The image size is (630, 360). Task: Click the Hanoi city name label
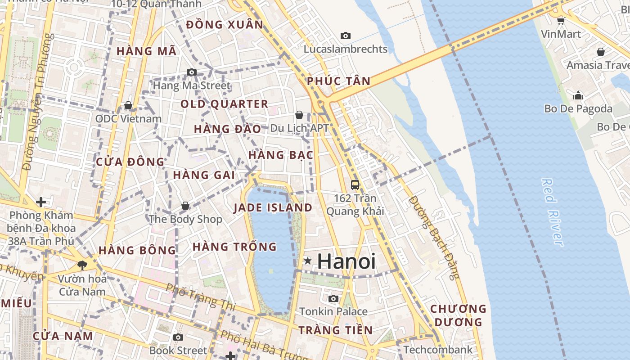click(346, 261)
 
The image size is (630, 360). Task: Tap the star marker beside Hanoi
click(308, 261)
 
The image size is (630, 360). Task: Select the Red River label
click(552, 212)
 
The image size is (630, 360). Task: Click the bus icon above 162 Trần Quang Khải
click(355, 184)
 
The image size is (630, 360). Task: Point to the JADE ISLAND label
click(273, 208)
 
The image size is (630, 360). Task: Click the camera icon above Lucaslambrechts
click(346, 36)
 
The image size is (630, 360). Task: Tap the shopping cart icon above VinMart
click(561, 21)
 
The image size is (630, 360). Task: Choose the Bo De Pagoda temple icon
click(578, 95)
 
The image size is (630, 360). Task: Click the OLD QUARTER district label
click(224, 104)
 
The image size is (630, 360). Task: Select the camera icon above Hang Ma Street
click(192, 72)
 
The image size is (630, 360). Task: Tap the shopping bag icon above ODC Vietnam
click(128, 105)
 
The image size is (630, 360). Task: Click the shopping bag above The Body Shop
click(185, 206)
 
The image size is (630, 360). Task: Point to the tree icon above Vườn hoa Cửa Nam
click(82, 265)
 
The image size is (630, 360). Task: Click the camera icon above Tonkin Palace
click(333, 298)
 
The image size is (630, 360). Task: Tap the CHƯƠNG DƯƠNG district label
click(458, 315)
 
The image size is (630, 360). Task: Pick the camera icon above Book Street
click(178, 337)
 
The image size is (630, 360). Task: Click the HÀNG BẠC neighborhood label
click(280, 155)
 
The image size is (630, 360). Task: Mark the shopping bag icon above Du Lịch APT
click(299, 115)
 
